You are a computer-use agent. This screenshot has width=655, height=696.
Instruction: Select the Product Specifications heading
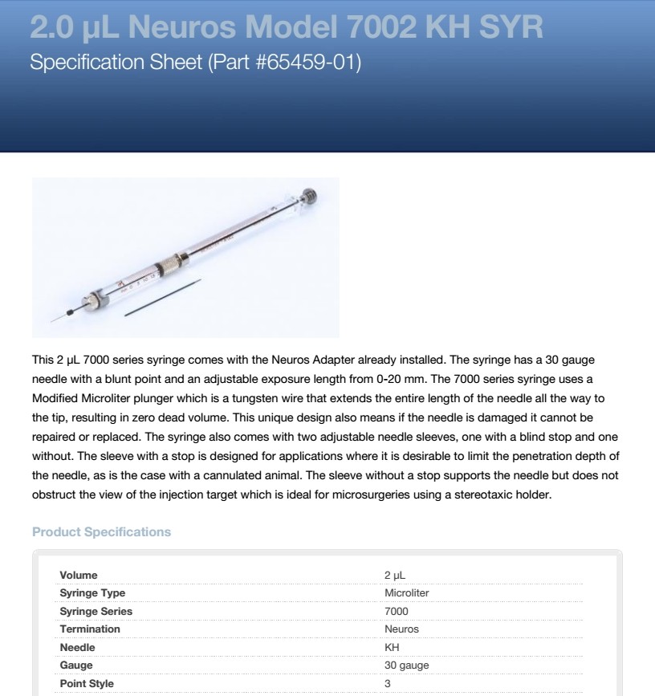click(x=100, y=531)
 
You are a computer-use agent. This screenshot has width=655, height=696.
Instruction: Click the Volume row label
click(x=79, y=575)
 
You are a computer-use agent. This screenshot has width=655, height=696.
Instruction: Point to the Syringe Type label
click(x=93, y=593)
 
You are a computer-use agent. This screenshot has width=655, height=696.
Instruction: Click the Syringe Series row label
click(x=96, y=611)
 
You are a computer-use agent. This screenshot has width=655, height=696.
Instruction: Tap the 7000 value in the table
click(x=397, y=611)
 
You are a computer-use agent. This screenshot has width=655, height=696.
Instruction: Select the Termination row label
click(x=90, y=629)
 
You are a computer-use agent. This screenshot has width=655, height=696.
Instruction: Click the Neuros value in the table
click(x=402, y=629)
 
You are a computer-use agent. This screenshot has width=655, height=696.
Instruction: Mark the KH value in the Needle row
click(x=392, y=647)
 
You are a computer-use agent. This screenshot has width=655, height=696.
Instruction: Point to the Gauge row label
click(x=76, y=665)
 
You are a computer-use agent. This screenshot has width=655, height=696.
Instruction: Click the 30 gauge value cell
click(x=406, y=665)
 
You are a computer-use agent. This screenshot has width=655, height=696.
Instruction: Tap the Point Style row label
click(x=87, y=684)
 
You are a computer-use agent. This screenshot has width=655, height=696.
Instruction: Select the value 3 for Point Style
click(x=388, y=684)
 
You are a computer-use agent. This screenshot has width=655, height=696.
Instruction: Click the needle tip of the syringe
click(x=53, y=320)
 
